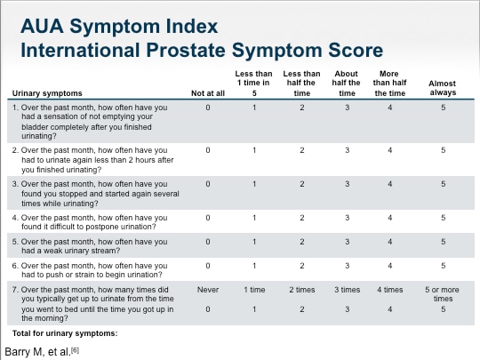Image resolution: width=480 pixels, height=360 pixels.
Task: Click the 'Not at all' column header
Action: click(208, 92)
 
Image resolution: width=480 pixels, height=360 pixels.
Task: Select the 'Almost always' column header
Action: click(443, 88)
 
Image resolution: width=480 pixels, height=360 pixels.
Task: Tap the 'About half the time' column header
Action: click(348, 83)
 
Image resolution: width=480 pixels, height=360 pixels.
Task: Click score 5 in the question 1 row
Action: click(443, 108)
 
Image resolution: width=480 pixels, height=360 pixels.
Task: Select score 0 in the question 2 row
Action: click(208, 150)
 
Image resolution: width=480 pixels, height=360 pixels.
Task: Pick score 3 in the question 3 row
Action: click(348, 184)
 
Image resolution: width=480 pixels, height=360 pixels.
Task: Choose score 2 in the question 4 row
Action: click(301, 217)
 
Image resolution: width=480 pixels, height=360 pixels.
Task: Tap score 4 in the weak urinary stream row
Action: click(390, 241)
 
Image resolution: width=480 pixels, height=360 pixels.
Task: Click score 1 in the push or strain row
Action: click(254, 265)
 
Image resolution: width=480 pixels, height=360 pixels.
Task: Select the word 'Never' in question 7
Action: click(208, 290)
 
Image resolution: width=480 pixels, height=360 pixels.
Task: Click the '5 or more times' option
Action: click(443, 294)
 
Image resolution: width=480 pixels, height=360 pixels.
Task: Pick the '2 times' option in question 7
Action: click(301, 290)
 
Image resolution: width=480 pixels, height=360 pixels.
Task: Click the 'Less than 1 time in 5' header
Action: click(254, 83)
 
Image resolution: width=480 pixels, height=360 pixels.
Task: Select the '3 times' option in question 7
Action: click(348, 290)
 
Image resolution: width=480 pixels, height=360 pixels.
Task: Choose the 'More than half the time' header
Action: click(390, 83)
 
